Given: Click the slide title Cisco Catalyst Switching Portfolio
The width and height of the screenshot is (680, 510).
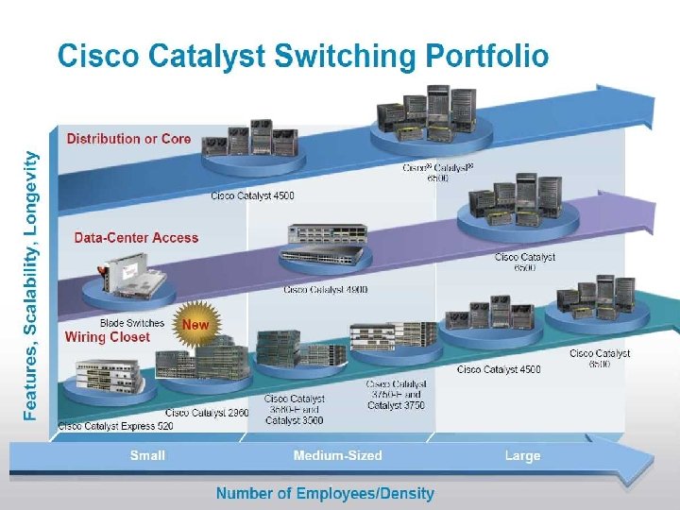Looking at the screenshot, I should (302, 57).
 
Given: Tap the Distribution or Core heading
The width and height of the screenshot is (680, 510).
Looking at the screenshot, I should (128, 139).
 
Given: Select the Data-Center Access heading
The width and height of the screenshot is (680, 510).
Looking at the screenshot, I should (137, 237).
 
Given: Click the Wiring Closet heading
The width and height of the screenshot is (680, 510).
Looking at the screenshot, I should (107, 337).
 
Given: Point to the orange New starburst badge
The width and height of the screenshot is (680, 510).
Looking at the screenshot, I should (195, 324).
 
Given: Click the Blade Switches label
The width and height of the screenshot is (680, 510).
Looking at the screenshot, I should (132, 323).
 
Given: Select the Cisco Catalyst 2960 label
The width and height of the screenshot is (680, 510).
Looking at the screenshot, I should (207, 413).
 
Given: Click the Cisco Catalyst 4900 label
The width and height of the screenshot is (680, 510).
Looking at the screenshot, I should (326, 289).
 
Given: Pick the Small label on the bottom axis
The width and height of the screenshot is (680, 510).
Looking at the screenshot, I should (147, 455).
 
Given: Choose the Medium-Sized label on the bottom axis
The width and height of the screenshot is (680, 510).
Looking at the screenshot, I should (338, 455).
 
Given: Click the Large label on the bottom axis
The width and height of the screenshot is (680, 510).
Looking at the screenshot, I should (522, 455).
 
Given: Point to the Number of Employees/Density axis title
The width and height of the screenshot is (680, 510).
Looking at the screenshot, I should (325, 493).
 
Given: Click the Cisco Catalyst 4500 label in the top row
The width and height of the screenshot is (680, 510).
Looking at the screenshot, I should (252, 195).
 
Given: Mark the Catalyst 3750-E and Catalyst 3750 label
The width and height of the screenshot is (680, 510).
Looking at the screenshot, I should (396, 395).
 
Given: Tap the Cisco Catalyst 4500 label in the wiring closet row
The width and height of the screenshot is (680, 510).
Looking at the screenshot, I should (499, 369).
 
